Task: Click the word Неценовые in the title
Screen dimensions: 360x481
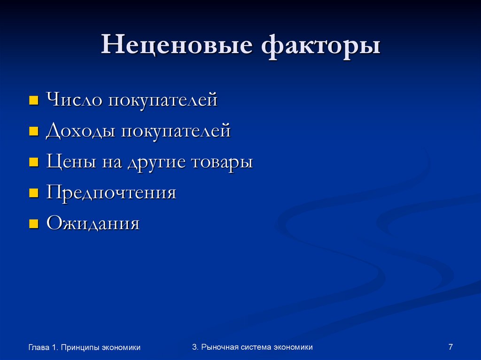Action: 177,47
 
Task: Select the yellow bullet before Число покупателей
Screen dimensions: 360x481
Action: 33,100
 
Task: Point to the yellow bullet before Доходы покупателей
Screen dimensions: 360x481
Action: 33,131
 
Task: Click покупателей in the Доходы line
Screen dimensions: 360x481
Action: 176,131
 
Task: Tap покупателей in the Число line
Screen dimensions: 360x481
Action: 163,100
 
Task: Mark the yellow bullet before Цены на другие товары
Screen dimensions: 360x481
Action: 33,162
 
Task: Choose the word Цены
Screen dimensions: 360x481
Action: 70,162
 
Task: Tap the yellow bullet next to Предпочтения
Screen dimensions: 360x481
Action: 33,193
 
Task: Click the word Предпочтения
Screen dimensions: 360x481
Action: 111,193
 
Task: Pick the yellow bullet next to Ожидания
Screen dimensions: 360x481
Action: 33,224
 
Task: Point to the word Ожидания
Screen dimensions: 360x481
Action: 93,224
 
